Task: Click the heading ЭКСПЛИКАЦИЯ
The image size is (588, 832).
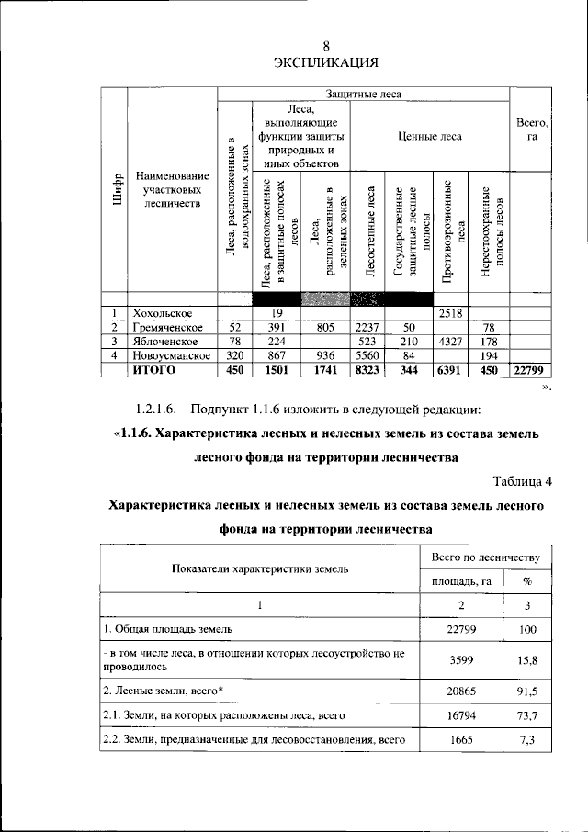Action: point(326,62)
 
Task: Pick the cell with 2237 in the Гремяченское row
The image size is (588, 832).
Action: point(367,327)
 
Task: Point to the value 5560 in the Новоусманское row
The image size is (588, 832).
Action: point(367,354)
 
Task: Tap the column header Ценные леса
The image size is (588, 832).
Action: point(429,136)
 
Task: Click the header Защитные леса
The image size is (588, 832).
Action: point(362,93)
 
